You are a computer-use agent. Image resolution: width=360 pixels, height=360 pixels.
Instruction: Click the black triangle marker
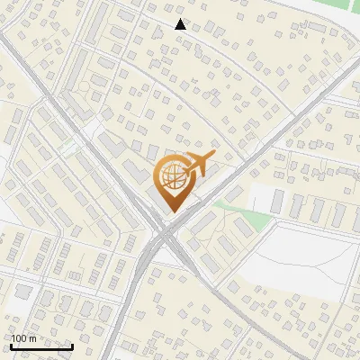click(x=181, y=24)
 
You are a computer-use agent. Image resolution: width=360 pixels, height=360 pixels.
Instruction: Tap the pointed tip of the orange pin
click(x=171, y=211)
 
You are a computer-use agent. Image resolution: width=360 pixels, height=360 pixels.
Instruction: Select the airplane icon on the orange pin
click(x=196, y=164)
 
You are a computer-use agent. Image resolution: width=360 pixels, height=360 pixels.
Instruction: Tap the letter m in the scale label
click(x=32, y=338)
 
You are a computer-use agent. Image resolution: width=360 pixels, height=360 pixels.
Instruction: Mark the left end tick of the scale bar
click(x=11, y=346)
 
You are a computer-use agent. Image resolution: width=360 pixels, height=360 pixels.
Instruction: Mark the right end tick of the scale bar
click(x=72, y=346)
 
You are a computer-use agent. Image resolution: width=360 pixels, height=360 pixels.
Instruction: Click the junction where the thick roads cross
click(x=165, y=236)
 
